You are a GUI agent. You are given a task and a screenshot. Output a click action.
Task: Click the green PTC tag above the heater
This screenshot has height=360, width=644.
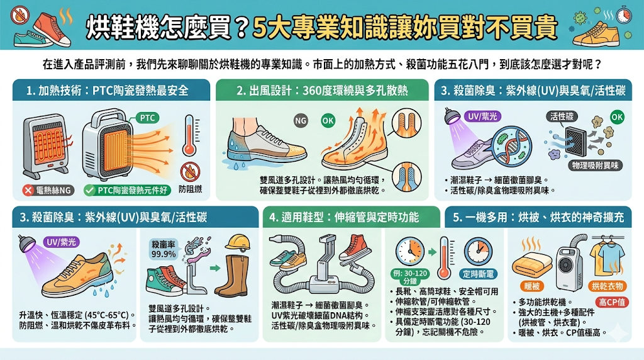146,117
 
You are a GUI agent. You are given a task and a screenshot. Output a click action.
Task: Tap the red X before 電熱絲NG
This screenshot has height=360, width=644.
28,189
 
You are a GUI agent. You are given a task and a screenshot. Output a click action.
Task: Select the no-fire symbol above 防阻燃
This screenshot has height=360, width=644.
186,169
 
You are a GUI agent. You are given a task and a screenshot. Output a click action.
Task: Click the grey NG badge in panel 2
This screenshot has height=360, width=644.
302,120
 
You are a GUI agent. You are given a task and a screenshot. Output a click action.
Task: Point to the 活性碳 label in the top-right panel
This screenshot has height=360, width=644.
562,116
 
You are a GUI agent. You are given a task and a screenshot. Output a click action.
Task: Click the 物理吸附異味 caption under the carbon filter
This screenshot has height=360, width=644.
595,165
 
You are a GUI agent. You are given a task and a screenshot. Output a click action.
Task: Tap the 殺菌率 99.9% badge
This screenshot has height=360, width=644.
164,249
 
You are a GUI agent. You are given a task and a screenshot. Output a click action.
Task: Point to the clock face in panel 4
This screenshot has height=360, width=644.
409,250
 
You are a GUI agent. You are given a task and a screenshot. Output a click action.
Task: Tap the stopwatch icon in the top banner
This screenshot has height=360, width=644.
625,14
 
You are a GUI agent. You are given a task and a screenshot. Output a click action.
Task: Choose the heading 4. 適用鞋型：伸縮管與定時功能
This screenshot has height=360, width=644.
344,218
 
